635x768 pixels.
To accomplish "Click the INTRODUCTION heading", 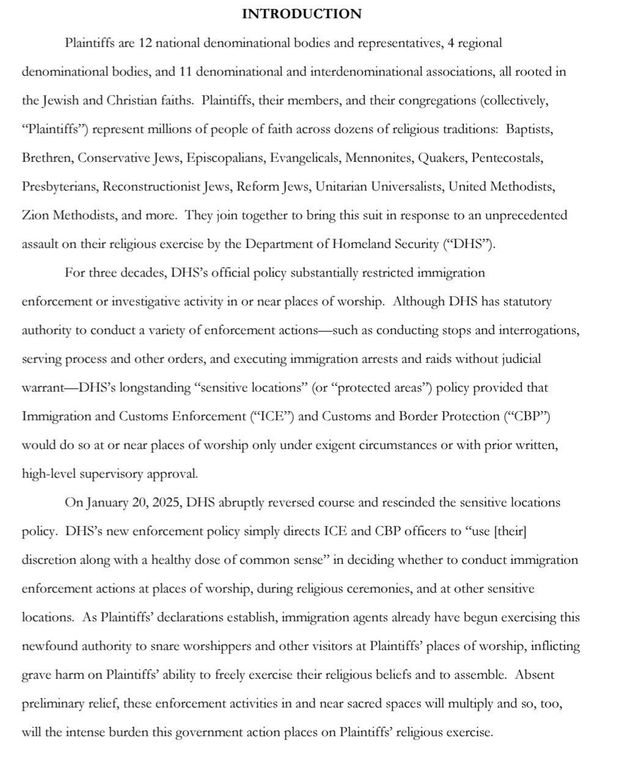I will tap(301, 14).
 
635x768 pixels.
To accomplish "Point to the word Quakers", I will tap(438, 158).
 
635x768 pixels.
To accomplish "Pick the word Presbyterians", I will tap(59, 187).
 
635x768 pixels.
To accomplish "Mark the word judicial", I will tap(519, 359).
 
